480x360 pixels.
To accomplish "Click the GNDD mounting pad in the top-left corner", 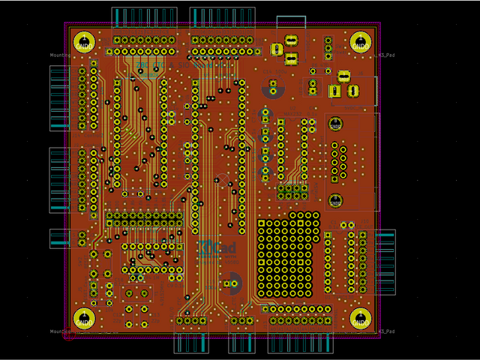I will [84, 43].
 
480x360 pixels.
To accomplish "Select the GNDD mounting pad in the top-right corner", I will [361, 43].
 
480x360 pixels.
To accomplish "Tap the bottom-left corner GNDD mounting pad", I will [84, 319].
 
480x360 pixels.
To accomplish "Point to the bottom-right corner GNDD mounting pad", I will [361, 319].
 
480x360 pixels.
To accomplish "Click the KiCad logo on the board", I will [217, 248].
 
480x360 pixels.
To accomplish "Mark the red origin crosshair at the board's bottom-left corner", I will [69, 334].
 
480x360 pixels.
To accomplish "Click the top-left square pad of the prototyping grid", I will [262, 223].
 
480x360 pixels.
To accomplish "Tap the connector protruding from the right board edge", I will [385, 262].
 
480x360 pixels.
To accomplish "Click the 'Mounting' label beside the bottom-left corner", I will [60, 331].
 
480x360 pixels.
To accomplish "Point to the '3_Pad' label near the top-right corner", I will [387, 55].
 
